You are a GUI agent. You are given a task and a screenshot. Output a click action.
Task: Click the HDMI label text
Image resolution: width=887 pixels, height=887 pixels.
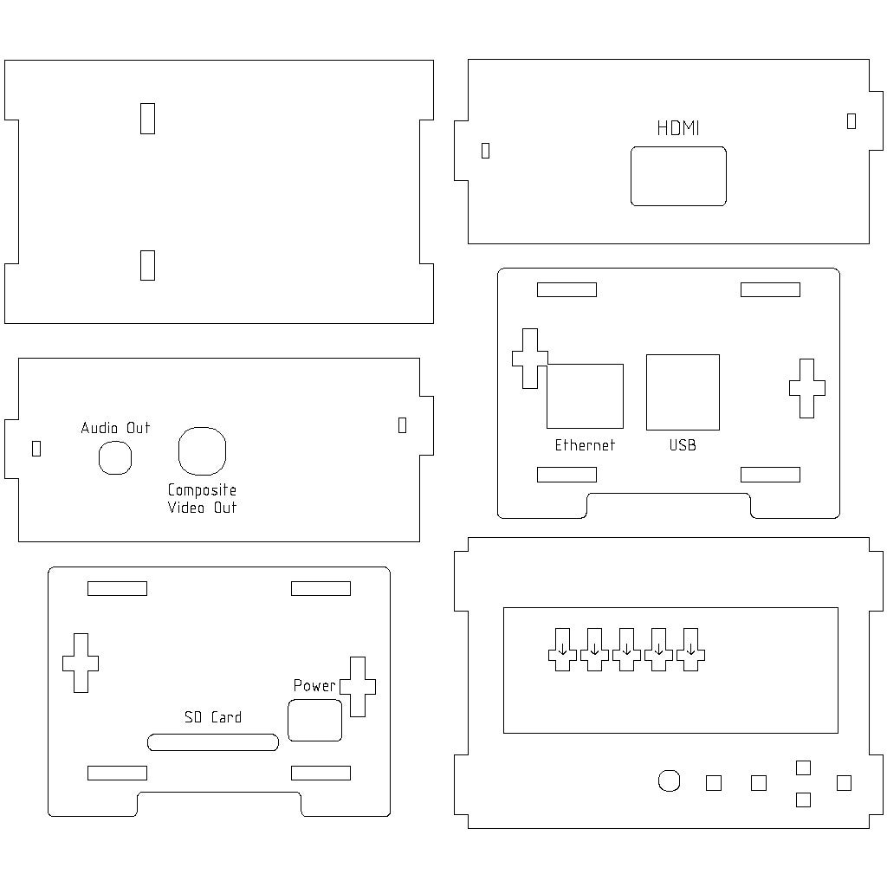[x=677, y=128]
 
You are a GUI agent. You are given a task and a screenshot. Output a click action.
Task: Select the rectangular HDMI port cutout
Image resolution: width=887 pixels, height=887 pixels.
[x=678, y=176]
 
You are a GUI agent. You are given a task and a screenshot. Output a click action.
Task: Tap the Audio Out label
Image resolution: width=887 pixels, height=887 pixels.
[x=115, y=428]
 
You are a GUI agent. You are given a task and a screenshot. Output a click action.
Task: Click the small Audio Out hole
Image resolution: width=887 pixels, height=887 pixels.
[x=115, y=457]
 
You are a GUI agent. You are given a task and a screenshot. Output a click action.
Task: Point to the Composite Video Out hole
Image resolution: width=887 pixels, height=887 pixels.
[x=202, y=451]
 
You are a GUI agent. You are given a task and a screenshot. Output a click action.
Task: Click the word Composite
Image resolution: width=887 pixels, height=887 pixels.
[x=202, y=490]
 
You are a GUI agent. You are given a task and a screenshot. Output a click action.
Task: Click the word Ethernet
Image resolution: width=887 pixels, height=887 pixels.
[x=585, y=445]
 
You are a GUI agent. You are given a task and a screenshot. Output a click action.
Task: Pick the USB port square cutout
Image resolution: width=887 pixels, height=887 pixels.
[x=683, y=392]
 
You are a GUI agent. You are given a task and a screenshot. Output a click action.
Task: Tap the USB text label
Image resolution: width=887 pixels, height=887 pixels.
[x=683, y=445]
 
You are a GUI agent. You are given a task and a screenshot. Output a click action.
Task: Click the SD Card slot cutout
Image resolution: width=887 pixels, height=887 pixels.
[x=213, y=742]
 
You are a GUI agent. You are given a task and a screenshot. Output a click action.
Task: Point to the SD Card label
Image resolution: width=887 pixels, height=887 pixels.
[x=213, y=717]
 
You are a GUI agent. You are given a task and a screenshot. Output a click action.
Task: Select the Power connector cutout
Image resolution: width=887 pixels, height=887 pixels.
[x=314, y=721]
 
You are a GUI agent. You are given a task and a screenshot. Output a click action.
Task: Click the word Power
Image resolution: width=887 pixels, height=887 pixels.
[x=314, y=685]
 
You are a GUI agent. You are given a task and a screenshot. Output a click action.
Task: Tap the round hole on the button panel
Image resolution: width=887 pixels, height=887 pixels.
[x=669, y=780]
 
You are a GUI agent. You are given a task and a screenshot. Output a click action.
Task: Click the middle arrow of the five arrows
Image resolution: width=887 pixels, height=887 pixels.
[x=627, y=649]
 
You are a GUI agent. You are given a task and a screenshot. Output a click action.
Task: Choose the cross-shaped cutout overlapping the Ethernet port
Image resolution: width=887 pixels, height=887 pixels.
[x=529, y=358]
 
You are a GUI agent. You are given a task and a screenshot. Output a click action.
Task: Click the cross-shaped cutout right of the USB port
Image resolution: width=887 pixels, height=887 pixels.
[x=806, y=388]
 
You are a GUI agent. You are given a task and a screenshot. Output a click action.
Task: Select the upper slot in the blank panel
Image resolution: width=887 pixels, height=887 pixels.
[x=148, y=118]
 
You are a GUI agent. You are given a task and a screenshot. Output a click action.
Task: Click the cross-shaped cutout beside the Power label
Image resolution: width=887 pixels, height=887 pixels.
[x=358, y=686]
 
